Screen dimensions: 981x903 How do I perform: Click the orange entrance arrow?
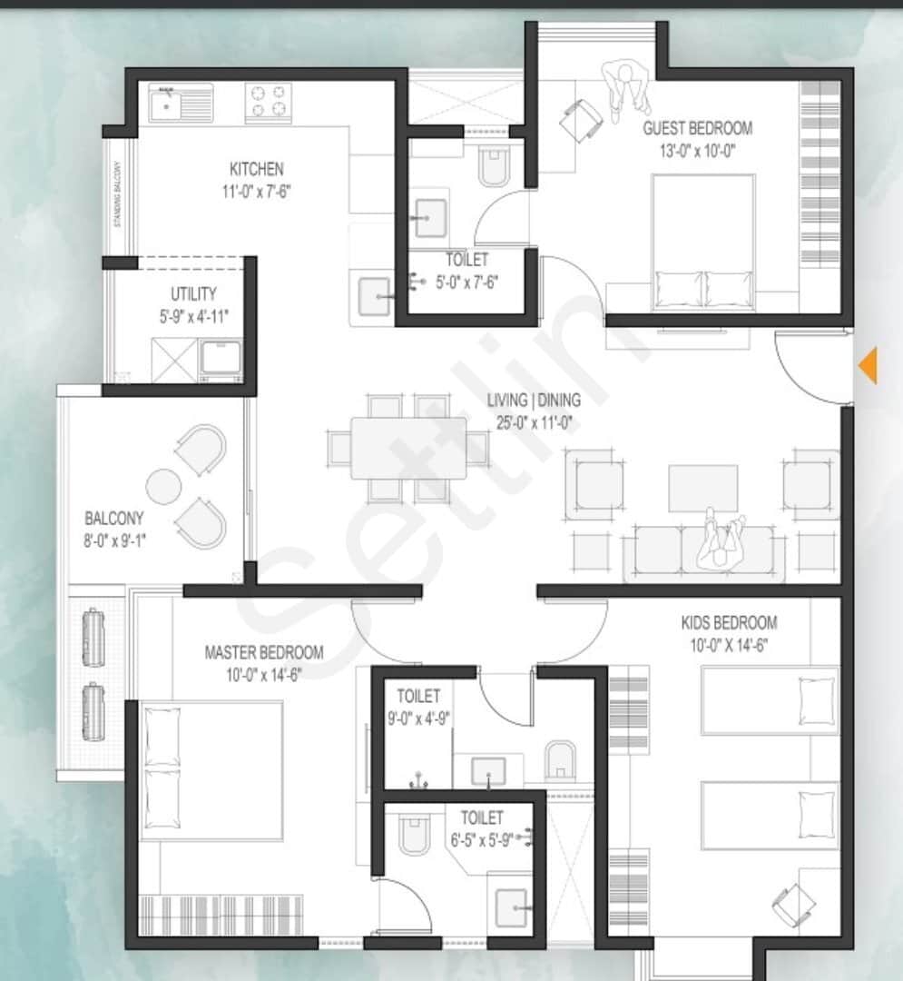[x=869, y=365]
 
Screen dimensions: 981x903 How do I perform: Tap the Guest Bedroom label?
[x=697, y=128]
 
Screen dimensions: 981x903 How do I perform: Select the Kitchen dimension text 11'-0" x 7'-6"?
[x=257, y=191]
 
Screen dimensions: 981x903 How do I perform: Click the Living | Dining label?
[x=534, y=400]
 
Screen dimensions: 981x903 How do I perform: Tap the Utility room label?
[x=193, y=294]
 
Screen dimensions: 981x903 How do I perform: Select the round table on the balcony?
[x=164, y=486]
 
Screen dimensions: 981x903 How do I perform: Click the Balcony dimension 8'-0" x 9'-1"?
[x=115, y=540]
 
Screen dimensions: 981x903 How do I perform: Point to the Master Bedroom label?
[x=263, y=652]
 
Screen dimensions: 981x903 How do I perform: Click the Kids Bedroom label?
[x=729, y=623]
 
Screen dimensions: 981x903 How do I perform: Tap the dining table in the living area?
[x=408, y=447]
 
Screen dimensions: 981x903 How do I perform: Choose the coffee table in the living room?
[x=703, y=489]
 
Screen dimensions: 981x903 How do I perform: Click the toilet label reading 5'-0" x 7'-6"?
[x=466, y=281]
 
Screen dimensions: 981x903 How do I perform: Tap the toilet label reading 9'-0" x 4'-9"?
[x=418, y=717]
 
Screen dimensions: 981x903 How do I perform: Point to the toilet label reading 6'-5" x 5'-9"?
[x=481, y=838]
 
